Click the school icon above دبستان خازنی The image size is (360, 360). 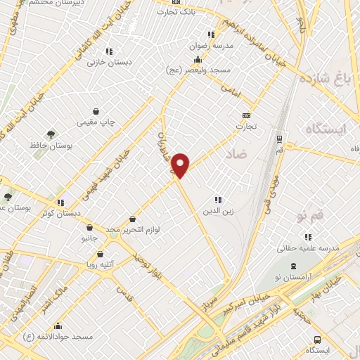108,51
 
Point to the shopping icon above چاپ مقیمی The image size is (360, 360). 97,111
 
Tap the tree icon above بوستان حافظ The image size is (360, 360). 51,134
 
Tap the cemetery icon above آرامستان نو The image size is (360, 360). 294,267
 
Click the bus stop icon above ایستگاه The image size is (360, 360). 318,339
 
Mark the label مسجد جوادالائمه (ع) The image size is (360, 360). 58,337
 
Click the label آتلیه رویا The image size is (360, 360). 101,266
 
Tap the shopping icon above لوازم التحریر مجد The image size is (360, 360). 132,219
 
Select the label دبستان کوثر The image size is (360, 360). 60,212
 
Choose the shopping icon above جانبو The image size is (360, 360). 89,227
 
